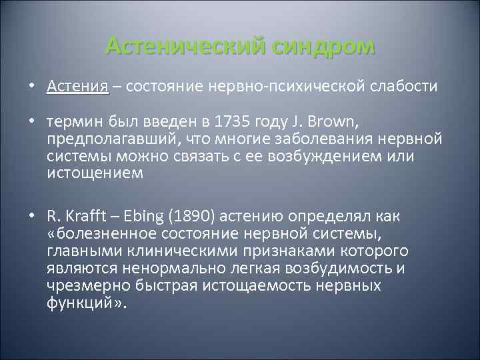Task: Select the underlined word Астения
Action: coord(77,87)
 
